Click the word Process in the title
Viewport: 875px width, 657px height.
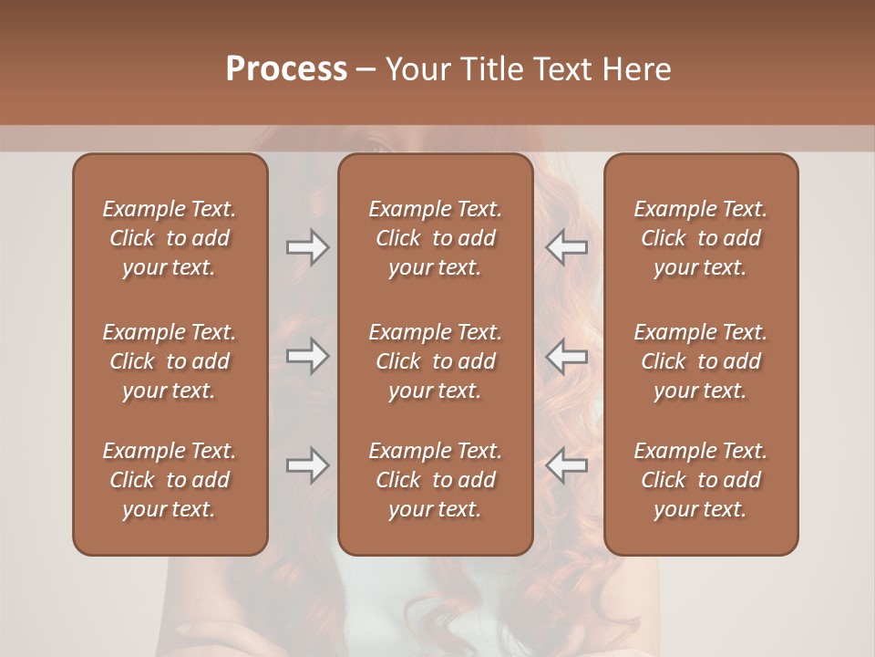[286, 69]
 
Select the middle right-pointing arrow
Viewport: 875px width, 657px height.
[307, 356]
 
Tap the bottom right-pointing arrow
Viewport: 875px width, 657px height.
[307, 465]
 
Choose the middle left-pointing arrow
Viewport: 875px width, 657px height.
[566, 356]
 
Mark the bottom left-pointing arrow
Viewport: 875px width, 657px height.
[566, 465]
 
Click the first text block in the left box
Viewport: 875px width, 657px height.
[170, 238]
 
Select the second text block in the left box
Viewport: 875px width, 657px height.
[170, 361]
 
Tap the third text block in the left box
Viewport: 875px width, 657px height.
[170, 480]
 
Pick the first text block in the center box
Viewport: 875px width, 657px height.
[435, 238]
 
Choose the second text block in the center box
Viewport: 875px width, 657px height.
[435, 361]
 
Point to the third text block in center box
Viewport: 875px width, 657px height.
[435, 480]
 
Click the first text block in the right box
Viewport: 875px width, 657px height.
[700, 238]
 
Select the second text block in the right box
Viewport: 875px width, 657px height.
[700, 361]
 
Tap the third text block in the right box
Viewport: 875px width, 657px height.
[700, 480]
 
